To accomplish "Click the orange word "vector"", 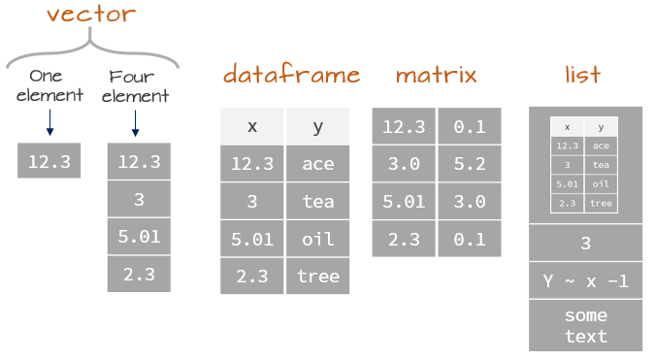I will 91,15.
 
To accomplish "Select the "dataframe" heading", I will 291,75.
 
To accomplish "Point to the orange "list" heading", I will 582,75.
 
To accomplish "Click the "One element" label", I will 46,85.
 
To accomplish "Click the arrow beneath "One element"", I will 49,124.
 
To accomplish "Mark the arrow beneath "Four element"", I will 136,124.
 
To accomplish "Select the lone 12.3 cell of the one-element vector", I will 49,161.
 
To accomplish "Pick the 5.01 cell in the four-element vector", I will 139,236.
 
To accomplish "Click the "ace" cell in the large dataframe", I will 317,164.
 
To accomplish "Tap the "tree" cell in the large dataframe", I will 317,276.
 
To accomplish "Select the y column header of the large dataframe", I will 317,126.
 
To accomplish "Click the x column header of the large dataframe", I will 251,126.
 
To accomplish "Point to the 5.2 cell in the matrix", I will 470,164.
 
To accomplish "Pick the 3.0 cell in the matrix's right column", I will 470,201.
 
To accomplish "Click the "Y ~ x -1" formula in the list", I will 585,280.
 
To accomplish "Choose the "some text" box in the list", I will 585,325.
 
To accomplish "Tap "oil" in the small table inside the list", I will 601,183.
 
